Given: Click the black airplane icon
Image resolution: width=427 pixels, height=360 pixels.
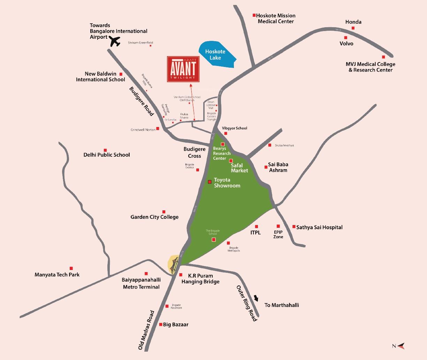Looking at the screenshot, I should coord(114,42).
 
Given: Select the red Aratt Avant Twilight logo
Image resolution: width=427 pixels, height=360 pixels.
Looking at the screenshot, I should coord(183,69).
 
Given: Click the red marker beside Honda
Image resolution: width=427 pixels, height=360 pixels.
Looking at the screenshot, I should coord(353,28).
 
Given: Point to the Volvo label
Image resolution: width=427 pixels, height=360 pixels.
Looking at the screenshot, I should coord(346,44).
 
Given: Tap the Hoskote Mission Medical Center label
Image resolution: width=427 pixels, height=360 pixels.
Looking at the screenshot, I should coord(275,18).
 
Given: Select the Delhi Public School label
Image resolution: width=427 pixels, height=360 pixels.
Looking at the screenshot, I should coord(107,155).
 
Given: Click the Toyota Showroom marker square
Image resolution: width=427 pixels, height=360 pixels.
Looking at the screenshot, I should coord(209,182).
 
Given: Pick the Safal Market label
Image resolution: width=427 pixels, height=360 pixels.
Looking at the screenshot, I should coord(239,168).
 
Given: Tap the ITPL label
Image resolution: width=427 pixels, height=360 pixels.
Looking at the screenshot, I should coord(256,233).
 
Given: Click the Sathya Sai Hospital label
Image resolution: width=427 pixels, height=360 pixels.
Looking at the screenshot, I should coord(319,227).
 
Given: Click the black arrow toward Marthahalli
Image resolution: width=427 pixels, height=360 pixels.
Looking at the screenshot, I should coord(257,299).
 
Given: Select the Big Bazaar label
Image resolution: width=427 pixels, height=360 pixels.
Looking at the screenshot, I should coord(176,324).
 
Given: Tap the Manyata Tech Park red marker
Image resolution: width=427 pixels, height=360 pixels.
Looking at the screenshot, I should coord(71,268).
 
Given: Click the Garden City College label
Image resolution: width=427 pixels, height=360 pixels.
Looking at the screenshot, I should coord(154,217).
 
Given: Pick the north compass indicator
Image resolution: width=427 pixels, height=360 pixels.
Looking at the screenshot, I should coord(399,346).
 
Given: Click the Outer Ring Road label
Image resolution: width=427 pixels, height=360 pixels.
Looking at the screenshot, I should coord(247,303).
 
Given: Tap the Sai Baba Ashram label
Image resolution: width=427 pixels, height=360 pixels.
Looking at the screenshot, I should coord(278,167).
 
